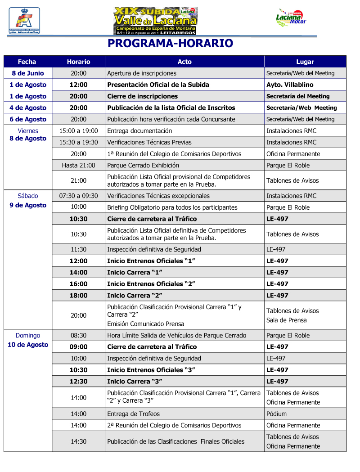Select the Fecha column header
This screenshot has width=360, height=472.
click(x=27, y=62)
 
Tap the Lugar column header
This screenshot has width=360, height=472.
click(x=305, y=62)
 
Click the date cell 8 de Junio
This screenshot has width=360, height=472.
click(x=28, y=73)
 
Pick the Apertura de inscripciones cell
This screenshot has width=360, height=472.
click(x=142, y=73)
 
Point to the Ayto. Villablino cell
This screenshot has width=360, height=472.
click(x=290, y=85)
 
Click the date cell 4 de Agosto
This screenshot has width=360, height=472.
click(x=28, y=108)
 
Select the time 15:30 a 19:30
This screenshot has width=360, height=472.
click(x=78, y=142)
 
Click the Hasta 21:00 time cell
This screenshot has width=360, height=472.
click(x=78, y=165)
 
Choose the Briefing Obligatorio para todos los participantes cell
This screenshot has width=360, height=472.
click(x=172, y=207)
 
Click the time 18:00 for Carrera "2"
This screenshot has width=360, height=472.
click(x=78, y=296)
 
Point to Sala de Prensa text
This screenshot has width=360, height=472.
click(x=286, y=320)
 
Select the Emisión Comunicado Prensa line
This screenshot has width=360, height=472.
click(x=145, y=324)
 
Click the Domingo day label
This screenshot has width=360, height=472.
click(x=28, y=335)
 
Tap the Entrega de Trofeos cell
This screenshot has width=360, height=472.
click(x=133, y=414)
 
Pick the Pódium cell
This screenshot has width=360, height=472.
click(x=276, y=414)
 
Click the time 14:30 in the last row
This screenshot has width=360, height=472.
click(x=78, y=441)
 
